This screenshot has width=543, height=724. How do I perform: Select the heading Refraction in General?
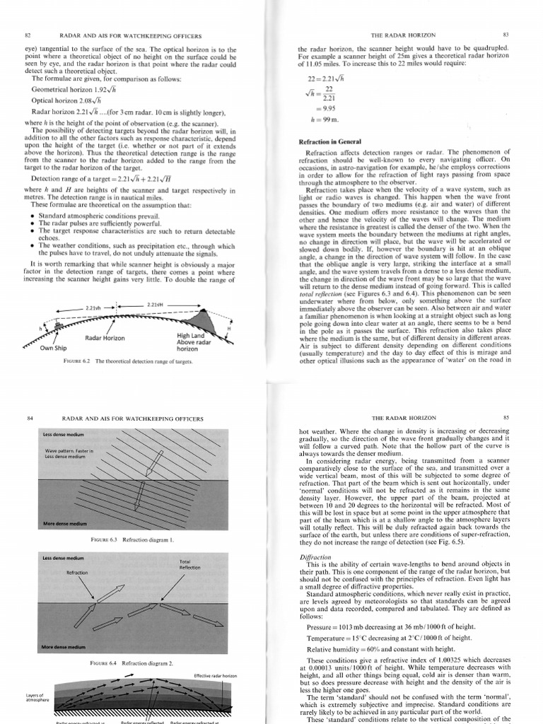pyautogui.click(x=330, y=142)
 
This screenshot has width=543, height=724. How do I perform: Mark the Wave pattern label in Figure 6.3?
pyautogui.click(x=64, y=452)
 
